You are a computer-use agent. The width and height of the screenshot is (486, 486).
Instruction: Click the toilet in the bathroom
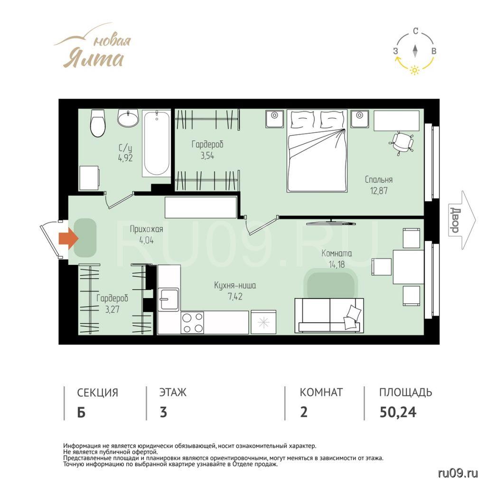98,123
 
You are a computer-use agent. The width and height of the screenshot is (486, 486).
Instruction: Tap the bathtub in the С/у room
157,143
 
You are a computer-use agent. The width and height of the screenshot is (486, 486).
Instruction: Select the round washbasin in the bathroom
128,118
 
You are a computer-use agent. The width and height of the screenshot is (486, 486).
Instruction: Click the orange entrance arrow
68,238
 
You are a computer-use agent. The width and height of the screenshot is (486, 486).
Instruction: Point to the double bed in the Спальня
317,150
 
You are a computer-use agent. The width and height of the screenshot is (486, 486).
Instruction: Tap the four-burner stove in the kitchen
192,323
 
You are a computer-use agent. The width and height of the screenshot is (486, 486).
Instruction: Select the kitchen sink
168,299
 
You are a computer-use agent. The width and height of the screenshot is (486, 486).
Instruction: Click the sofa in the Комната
329,315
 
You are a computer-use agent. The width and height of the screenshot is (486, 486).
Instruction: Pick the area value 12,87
379,190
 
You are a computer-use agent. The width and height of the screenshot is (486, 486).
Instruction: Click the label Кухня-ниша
235,285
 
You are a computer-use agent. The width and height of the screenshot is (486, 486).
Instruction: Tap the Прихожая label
146,229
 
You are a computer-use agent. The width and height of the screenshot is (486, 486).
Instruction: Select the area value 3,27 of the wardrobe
112,309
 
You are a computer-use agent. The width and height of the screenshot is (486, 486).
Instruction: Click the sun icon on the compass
414,70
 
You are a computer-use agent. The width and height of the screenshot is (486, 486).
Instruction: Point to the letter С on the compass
415,31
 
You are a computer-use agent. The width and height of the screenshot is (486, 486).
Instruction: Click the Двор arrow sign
461,220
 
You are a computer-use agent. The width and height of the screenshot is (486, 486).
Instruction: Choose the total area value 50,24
398,412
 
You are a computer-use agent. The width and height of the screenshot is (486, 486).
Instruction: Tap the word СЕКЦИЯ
98,393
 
